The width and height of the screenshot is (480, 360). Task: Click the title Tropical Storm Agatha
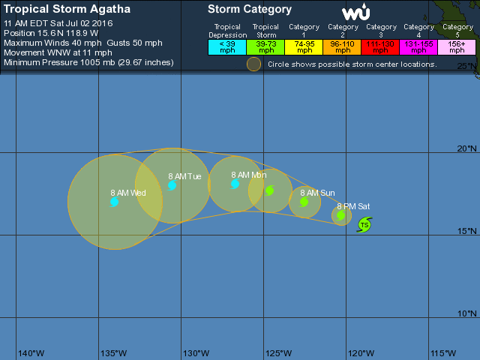(x=67, y=10)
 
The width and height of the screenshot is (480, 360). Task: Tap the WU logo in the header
(x=355, y=13)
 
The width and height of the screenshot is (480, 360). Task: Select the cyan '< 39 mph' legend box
(x=227, y=46)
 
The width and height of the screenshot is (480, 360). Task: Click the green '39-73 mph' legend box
(x=265, y=46)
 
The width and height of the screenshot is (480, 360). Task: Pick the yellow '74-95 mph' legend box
(x=304, y=46)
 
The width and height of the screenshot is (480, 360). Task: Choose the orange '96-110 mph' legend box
(x=343, y=46)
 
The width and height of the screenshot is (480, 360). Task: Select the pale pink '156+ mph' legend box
(x=457, y=46)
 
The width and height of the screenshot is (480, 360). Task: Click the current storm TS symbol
(x=364, y=224)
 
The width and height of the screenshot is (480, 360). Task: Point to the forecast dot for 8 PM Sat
(x=341, y=215)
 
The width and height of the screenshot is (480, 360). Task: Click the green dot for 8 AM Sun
(x=304, y=202)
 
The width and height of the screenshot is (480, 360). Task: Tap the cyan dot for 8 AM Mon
(x=235, y=183)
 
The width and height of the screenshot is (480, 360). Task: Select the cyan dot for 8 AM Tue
(x=172, y=185)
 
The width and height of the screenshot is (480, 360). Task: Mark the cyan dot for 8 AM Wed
(x=114, y=202)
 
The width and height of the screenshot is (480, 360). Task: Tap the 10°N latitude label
(x=467, y=313)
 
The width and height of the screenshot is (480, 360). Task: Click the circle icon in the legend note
(x=254, y=64)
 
